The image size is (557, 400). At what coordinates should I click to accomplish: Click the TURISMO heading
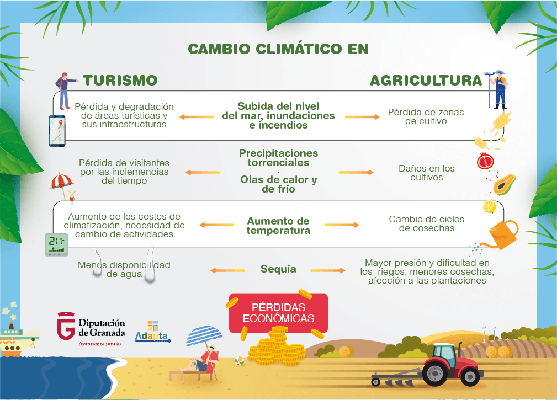pos(120,80)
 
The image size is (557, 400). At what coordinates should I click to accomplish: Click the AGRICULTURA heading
pos(426,81)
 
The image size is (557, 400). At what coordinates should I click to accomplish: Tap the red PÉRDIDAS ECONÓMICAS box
pos(278,313)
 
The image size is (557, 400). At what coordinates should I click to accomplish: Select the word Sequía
pos(278,269)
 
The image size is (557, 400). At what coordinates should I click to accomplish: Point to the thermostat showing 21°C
pos(56,245)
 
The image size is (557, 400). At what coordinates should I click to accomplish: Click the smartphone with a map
pos(57,131)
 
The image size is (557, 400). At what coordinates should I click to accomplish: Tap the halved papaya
pos(504,183)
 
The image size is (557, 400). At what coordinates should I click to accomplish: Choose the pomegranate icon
pos(485,161)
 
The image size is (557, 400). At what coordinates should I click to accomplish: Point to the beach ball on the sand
pos(240,362)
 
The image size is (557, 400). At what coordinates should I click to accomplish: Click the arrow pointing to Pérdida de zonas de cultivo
pos(362,117)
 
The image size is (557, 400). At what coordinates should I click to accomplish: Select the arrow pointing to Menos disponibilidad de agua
pos(227,270)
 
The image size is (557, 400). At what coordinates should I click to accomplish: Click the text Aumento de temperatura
pos(278,226)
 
